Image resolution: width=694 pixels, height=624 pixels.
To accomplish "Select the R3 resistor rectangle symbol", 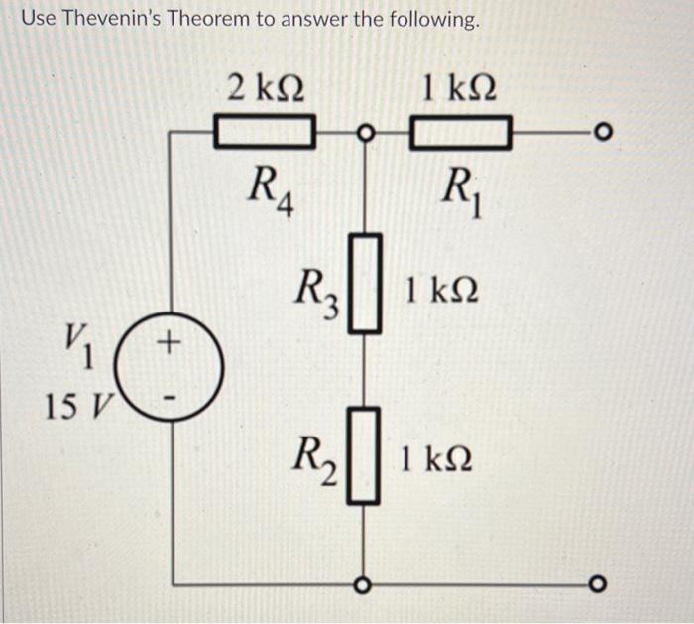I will (366, 282).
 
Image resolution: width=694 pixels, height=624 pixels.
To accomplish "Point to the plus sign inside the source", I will (171, 344).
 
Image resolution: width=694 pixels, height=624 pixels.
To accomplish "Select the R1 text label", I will (462, 187).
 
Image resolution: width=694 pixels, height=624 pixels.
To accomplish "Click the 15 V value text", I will (79, 406).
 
